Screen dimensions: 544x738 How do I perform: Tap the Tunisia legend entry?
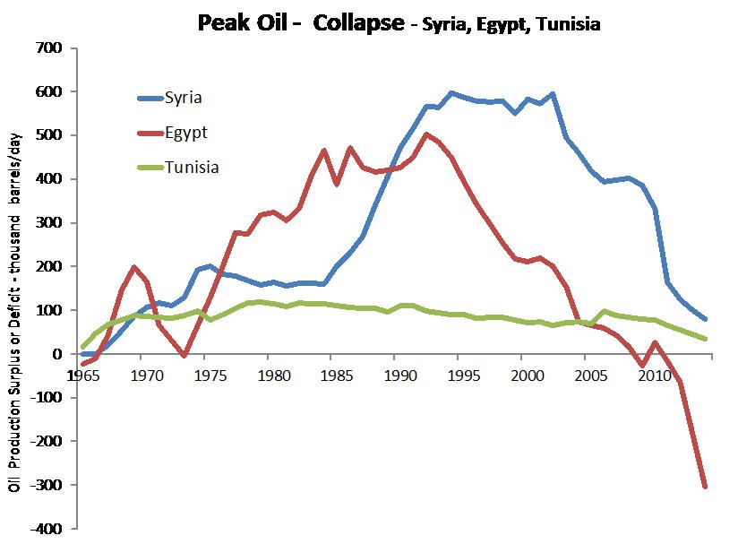tap(193, 167)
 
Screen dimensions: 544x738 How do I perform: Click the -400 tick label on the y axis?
tap(45, 530)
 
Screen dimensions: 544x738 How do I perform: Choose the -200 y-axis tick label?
tap(45, 442)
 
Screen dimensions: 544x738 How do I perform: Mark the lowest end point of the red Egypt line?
tap(706, 487)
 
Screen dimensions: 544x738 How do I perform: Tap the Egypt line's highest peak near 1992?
tap(426, 134)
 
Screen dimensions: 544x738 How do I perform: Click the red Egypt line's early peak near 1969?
tap(133, 267)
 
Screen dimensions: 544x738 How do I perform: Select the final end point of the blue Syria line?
tap(706, 319)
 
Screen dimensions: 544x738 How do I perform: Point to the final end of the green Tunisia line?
tap(706, 339)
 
